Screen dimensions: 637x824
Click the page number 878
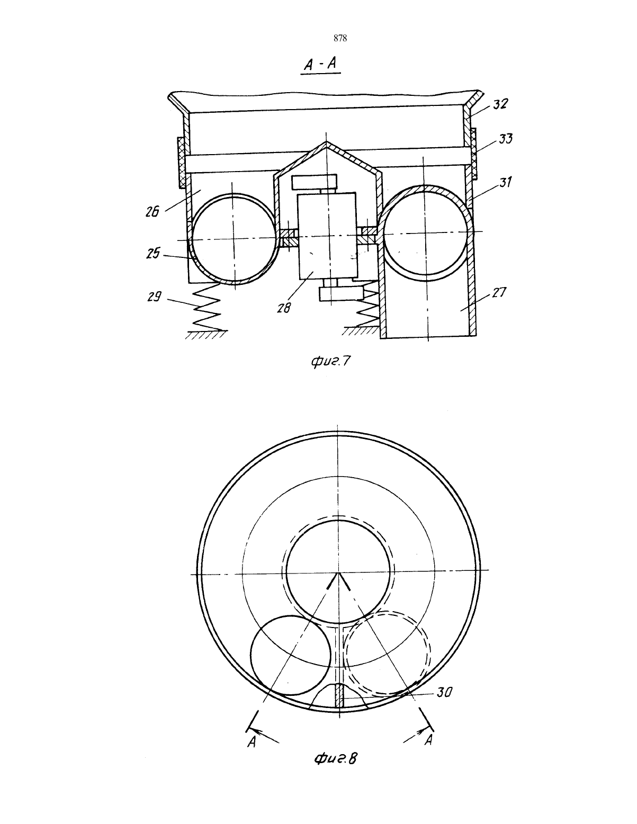coord(340,38)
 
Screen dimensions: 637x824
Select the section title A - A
coord(320,64)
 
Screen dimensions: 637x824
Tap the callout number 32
coord(500,104)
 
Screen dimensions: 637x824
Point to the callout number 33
coord(506,139)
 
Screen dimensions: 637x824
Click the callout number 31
coord(505,182)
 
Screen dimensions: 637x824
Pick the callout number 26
coord(152,212)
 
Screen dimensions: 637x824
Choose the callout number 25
coord(153,253)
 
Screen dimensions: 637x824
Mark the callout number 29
coord(154,297)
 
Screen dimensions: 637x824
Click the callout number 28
coord(283,308)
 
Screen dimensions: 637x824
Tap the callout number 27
coord(499,293)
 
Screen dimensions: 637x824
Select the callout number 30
coord(444,692)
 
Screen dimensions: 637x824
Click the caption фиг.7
coord(330,361)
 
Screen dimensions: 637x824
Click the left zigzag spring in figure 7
coord(206,307)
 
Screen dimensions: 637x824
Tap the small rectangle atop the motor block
coord(314,182)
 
